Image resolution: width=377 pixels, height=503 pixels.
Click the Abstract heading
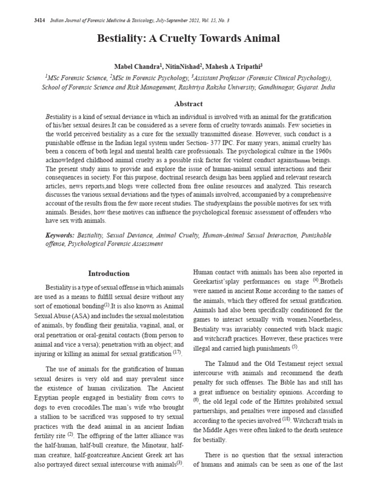point(188,104)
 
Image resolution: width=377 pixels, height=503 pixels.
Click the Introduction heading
point(109,274)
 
